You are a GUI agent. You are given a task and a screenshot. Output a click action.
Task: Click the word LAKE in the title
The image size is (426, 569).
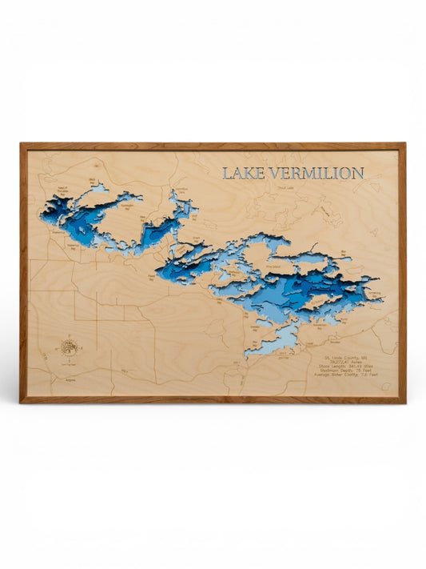pos(238,173)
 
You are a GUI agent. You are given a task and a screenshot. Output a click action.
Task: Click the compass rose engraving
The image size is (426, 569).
pos(68,347)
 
